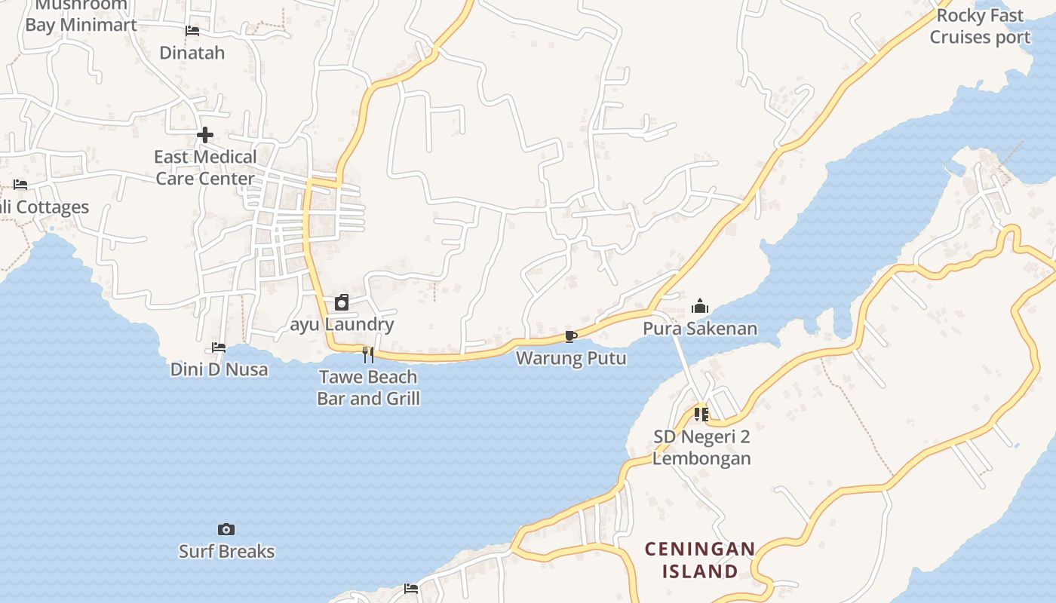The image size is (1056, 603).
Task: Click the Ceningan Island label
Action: click(x=699, y=560)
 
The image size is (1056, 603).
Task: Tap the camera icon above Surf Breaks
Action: click(x=226, y=529)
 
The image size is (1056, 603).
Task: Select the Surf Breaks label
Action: click(x=226, y=552)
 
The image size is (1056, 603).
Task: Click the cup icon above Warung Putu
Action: click(x=571, y=336)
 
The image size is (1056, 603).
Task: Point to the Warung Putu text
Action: click(x=571, y=358)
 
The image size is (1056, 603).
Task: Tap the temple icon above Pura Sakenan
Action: click(x=700, y=306)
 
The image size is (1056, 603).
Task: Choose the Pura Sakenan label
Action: click(x=700, y=329)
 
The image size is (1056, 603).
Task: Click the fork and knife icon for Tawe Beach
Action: click(x=368, y=354)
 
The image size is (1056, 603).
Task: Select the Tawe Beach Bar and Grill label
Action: click(x=368, y=387)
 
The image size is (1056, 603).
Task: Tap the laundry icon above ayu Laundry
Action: click(x=342, y=302)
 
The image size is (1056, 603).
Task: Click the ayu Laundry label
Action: click(x=342, y=325)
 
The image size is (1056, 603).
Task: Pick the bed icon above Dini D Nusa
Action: click(x=219, y=347)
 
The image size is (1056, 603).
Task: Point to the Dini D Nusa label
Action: click(x=219, y=369)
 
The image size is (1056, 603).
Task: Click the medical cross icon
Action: click(x=205, y=135)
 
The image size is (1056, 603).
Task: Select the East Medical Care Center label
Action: click(x=205, y=167)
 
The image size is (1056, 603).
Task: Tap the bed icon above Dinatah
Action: click(x=192, y=31)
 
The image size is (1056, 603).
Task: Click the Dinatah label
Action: click(x=192, y=53)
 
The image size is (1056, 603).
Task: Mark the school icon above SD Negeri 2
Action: click(x=701, y=414)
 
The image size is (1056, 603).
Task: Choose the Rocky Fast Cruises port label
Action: click(x=979, y=26)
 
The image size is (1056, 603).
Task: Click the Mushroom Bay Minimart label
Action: click(x=81, y=15)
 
